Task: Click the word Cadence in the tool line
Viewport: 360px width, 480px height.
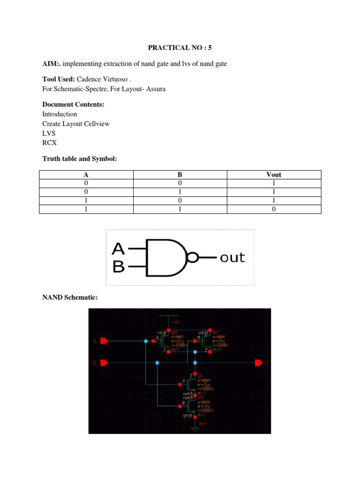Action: click(90, 79)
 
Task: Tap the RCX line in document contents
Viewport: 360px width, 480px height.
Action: click(49, 142)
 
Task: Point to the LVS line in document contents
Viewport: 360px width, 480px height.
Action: click(49, 133)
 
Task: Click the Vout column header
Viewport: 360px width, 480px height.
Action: click(274, 174)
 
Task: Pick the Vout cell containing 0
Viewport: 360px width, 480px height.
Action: click(274, 210)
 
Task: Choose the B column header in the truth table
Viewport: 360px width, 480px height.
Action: click(180, 174)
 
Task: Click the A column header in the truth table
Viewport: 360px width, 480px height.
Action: click(86, 174)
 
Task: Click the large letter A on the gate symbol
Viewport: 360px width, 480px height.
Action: click(119, 249)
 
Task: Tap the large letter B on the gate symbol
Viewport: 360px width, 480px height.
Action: click(119, 267)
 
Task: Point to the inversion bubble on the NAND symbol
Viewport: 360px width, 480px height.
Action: click(193, 257)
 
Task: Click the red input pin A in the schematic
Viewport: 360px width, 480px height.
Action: click(104, 341)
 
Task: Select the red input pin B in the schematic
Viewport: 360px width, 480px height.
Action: click(104, 362)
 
